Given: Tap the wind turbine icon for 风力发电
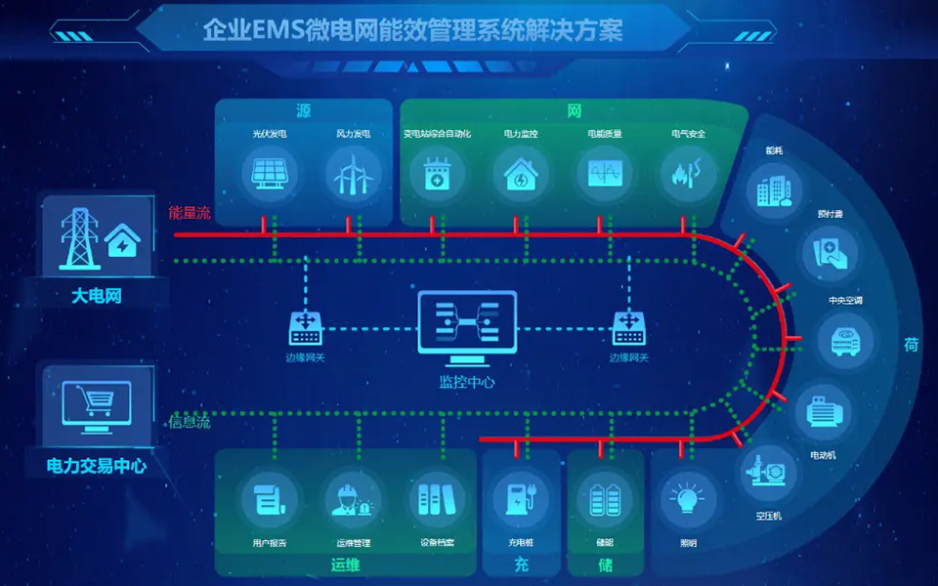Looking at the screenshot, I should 353,175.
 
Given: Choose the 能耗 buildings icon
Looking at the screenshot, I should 775,189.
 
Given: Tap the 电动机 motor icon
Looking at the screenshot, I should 822,411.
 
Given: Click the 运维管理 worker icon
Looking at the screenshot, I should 353,498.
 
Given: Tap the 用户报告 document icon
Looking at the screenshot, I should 269,498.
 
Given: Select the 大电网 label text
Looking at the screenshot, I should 96,294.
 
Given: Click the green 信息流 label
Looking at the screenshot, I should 190,422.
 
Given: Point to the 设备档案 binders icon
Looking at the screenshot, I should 436,498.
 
